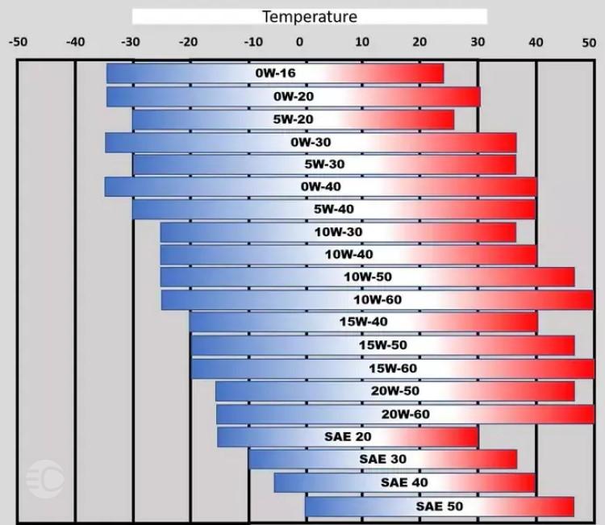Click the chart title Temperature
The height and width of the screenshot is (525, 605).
309,16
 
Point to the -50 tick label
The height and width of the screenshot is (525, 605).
18,41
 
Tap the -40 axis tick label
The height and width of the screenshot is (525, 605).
74,41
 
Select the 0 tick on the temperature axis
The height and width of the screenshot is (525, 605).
299,41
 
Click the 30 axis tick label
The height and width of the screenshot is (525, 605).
478,41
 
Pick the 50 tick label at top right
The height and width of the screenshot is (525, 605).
589,41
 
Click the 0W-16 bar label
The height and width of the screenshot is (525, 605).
275,73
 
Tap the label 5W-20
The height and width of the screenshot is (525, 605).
293,119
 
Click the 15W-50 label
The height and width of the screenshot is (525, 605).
382,345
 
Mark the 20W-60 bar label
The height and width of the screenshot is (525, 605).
406,414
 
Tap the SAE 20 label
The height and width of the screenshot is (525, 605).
348,436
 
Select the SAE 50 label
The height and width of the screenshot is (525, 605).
440,506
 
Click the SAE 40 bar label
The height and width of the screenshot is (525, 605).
405,482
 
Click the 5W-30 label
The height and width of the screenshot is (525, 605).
324,165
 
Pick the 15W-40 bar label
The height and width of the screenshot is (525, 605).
364,323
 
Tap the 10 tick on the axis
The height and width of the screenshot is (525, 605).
362,41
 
